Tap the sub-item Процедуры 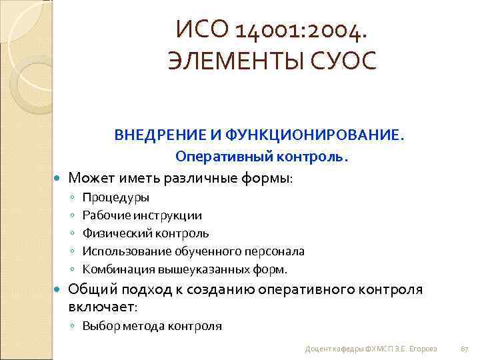tap(116, 197)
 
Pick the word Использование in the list tap(127, 251)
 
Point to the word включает tap(101, 307)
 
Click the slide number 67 tap(465, 349)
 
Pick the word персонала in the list tap(276, 251)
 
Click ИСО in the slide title tap(197, 30)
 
